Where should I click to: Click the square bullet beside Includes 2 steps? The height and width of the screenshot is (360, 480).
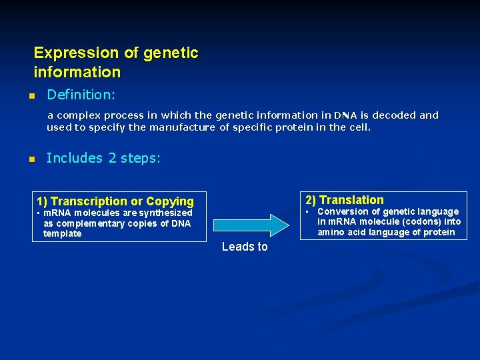[x=31, y=159]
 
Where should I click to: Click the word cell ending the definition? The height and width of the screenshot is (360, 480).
[x=359, y=127]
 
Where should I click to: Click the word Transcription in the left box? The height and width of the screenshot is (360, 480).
[x=89, y=201]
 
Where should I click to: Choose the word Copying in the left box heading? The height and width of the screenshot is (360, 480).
[x=170, y=201]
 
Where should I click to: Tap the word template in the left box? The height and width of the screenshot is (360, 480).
[x=62, y=233]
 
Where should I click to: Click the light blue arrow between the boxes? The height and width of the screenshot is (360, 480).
[x=261, y=225]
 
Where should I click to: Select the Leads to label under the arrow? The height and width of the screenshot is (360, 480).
[x=245, y=247]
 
